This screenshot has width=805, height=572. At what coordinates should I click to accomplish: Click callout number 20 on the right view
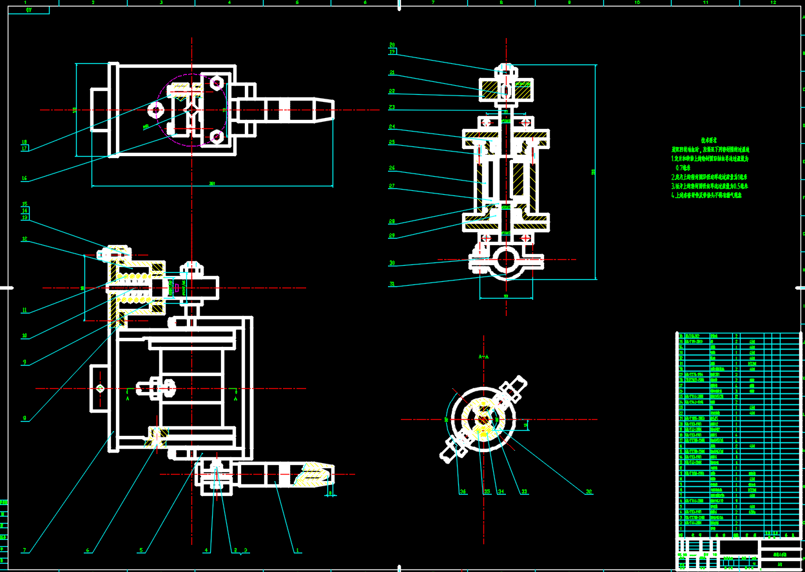(392, 45)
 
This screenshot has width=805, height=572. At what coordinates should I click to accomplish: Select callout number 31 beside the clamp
(392, 284)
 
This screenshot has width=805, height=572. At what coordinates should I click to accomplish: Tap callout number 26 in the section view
(392, 168)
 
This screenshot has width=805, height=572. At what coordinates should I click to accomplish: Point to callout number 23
(392, 107)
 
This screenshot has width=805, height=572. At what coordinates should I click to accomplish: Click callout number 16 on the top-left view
(24, 179)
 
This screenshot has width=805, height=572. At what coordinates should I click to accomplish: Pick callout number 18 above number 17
(24, 142)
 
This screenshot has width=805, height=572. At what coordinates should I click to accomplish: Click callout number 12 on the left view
(24, 239)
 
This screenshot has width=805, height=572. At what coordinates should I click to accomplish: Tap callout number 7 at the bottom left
(24, 551)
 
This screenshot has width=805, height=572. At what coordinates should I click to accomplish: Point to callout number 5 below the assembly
(141, 551)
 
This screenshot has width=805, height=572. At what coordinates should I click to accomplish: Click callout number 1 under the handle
(298, 551)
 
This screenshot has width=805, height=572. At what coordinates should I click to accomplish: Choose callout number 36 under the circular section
(462, 492)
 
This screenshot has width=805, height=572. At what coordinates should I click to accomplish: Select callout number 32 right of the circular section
(588, 492)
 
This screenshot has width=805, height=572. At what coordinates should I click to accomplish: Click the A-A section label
(483, 355)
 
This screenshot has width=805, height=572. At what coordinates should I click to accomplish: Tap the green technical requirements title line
(709, 139)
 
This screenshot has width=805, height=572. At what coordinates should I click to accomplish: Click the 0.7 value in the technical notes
(683, 167)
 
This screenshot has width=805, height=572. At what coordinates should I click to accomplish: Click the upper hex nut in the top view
(216, 83)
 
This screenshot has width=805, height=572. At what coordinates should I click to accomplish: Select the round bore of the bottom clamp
(506, 261)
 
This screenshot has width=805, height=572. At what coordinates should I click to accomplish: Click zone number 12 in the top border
(773, 3)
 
